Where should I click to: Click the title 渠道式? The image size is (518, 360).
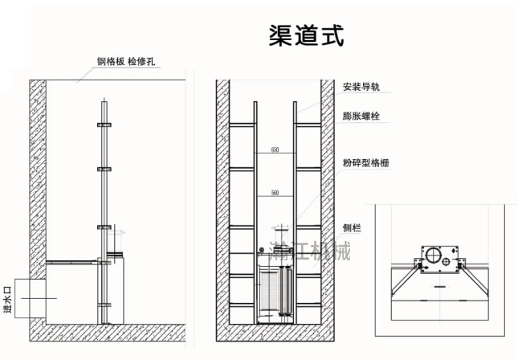click(x=306, y=35)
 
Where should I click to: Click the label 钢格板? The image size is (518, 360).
click(x=108, y=63)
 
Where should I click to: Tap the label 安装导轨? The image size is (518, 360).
click(x=359, y=87)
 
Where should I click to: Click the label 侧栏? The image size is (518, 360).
click(x=351, y=228)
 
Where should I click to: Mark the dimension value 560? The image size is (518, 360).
click(x=275, y=193)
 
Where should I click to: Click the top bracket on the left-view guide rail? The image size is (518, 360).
click(x=103, y=125)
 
